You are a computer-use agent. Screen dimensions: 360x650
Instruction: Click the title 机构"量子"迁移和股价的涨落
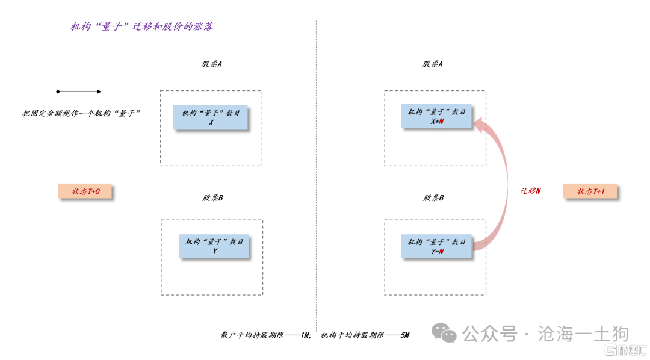tap(142, 27)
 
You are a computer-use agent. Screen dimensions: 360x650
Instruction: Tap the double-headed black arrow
tap(79, 92)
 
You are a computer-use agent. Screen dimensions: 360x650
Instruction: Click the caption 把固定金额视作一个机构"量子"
tap(82, 113)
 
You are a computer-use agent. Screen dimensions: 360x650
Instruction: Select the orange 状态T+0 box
tap(85, 191)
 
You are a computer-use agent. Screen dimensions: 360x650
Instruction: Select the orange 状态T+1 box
tap(591, 191)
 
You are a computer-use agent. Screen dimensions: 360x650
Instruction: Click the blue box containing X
tap(211, 117)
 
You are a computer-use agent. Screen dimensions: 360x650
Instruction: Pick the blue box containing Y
tap(214, 246)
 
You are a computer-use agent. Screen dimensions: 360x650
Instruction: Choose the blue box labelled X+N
tap(436, 116)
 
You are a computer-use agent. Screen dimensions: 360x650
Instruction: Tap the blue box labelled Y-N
tap(437, 247)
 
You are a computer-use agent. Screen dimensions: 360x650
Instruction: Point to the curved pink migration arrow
tap(503, 181)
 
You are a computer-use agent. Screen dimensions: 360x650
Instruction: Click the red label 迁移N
tap(530, 191)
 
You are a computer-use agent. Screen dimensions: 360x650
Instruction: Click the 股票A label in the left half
tap(212, 64)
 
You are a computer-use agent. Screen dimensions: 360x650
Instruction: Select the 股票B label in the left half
tap(213, 197)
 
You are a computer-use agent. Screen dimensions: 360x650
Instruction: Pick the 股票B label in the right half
tap(433, 197)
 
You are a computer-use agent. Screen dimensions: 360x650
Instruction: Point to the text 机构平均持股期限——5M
tap(365, 335)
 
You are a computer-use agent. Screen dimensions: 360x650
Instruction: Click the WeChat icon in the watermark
tap(445, 333)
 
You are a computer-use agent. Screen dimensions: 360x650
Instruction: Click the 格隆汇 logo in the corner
tap(625, 350)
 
